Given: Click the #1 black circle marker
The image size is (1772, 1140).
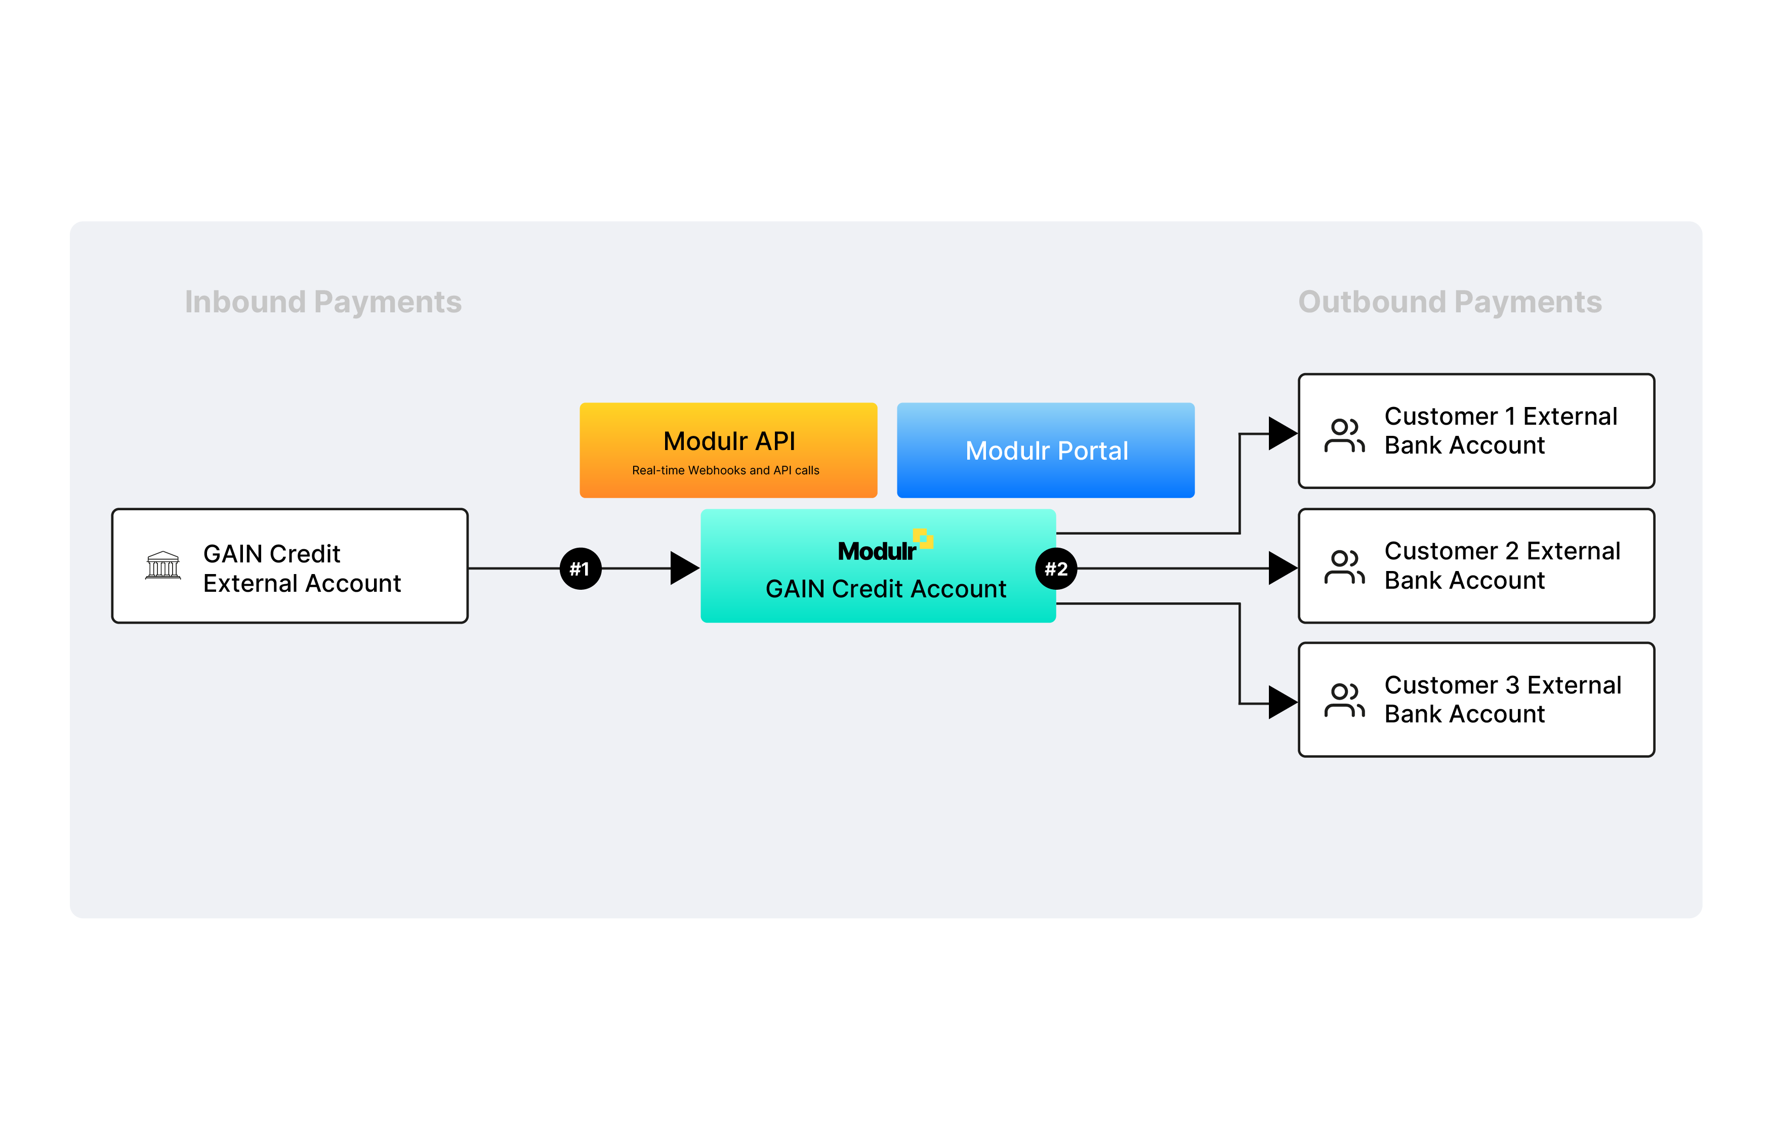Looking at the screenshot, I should point(581,568).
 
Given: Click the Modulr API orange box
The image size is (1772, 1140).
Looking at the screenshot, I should point(728,450).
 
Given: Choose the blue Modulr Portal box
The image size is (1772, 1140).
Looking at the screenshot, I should point(1045,450).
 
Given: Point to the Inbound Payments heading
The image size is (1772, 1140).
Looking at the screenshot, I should point(323,302).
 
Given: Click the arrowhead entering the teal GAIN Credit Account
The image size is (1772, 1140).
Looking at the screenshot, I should point(683,568).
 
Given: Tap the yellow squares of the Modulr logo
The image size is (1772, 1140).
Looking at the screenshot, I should point(923,538).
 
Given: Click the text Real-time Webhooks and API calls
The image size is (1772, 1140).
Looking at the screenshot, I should point(725,470).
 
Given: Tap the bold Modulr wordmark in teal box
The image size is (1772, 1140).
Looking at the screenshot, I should point(876,551).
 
